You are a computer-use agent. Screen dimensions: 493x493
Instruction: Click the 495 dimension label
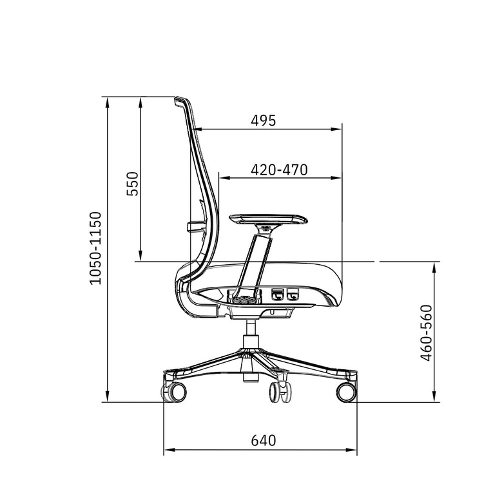tap(263, 121)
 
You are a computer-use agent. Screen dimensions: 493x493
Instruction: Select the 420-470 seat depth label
tap(279, 169)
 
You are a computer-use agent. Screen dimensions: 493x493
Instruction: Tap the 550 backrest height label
tap(131, 184)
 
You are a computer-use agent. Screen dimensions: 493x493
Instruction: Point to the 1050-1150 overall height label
tap(95, 247)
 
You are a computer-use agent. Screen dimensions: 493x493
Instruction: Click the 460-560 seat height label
tap(425, 333)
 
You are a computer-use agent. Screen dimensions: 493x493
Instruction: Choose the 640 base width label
tap(263, 441)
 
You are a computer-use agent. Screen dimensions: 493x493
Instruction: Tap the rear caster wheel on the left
tap(176, 391)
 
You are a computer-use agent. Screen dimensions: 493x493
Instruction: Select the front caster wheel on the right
tap(346, 391)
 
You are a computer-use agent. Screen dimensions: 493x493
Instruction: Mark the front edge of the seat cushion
tap(339, 284)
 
